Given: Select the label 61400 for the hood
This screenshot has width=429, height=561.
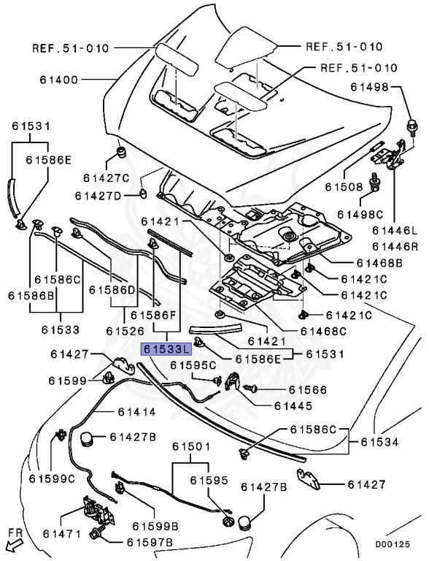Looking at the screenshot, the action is [58, 80].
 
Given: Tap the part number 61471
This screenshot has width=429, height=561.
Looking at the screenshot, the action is [62, 534].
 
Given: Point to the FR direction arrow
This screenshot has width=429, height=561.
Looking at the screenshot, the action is [15, 541].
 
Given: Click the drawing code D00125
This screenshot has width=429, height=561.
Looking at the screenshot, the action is [393, 544].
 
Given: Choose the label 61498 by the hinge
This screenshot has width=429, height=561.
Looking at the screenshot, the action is [369, 87].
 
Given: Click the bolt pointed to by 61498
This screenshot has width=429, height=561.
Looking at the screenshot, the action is [411, 128].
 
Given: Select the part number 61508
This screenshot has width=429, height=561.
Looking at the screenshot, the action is [344, 186].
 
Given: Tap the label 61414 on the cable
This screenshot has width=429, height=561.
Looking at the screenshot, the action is [137, 412].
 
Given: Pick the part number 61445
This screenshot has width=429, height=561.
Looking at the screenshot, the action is [293, 405].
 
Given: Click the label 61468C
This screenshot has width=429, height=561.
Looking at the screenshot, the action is [323, 332].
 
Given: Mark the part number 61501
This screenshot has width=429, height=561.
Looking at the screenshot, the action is [191, 446].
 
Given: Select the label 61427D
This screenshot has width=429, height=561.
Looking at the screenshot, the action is [98, 196].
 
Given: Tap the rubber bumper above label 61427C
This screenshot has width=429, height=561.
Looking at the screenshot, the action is [122, 152].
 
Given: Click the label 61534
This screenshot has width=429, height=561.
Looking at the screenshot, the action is [379, 442].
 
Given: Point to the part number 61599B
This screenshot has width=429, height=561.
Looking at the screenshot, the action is [155, 526].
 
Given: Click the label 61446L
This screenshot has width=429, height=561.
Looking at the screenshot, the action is [395, 230].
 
